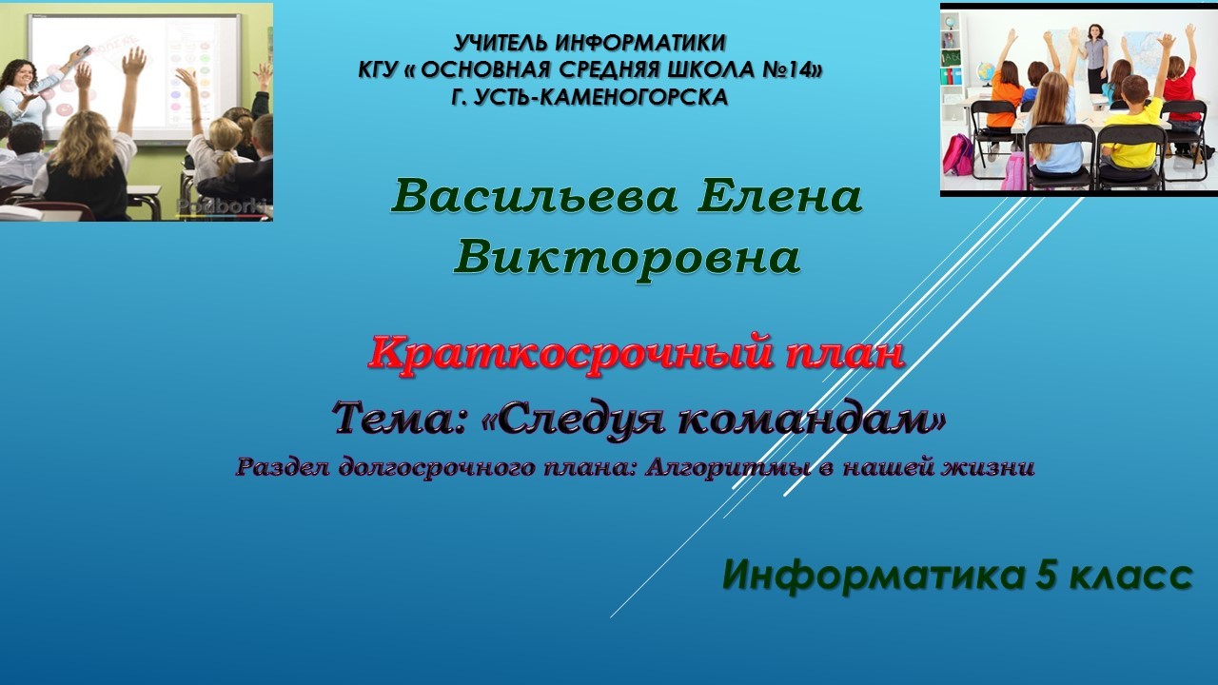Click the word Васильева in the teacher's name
point(534,197)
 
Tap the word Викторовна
point(627,257)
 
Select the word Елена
point(779,197)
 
